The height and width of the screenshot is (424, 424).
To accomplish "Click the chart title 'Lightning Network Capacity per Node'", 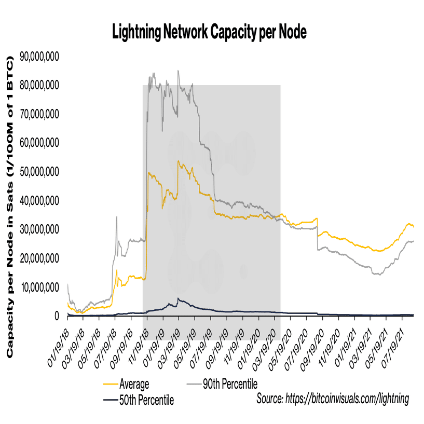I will point(210,32).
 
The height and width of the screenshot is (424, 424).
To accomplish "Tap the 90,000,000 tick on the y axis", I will point(39,56).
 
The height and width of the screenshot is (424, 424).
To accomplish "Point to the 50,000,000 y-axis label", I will point(39,171).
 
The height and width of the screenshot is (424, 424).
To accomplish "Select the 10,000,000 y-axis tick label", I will point(39,287).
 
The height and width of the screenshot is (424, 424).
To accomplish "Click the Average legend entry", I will point(134,385).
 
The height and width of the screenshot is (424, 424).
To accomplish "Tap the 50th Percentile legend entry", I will point(146,400).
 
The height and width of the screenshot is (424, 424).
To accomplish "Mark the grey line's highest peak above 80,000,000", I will point(178,71).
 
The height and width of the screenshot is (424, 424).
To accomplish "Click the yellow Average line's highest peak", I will point(178,161).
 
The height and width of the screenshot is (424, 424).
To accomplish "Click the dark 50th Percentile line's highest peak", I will point(178,298).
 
